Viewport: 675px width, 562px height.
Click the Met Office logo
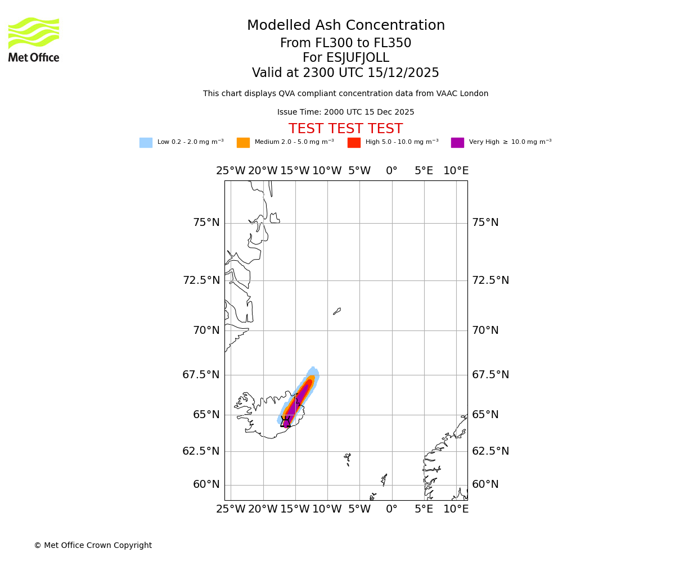[x=34, y=39]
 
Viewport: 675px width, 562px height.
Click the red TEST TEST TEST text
[x=345, y=129]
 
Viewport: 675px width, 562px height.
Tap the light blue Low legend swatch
[x=146, y=143]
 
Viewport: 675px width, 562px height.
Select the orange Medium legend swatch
[x=243, y=143]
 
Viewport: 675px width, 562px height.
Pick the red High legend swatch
[x=354, y=143]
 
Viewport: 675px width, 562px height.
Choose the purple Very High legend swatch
[x=457, y=143]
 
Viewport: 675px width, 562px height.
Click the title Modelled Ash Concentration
[x=345, y=26]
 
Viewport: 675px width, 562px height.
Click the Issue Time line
[x=345, y=112]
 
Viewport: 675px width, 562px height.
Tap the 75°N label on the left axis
[x=206, y=223]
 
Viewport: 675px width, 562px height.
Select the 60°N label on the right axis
[x=485, y=484]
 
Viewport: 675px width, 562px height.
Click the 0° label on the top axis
[x=391, y=171]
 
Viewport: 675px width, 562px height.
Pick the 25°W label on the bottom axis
[x=231, y=509]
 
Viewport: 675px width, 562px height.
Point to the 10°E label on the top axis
[x=456, y=171]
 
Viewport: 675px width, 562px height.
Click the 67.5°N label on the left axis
[x=201, y=375]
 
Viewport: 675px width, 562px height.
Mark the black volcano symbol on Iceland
[x=286, y=422]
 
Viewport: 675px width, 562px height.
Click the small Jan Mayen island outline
[x=337, y=311]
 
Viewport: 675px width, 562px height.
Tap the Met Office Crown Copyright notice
[x=93, y=546]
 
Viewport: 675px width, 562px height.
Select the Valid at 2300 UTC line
[x=345, y=73]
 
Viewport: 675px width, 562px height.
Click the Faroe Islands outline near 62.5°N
[x=348, y=460]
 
